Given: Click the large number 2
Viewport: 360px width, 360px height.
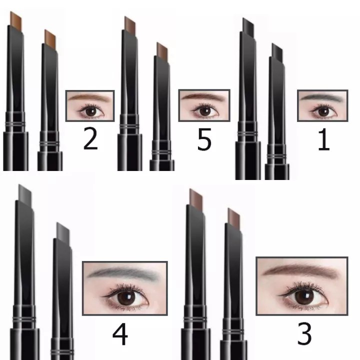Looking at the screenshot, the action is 90,138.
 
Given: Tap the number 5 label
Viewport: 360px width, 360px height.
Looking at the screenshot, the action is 204,139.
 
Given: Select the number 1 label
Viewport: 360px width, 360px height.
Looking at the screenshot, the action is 324,139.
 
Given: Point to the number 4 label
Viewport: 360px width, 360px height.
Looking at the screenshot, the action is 120,334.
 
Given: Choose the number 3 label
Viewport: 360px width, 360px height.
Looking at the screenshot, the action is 304,333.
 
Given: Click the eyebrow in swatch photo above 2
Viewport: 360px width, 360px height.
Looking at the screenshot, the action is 89,97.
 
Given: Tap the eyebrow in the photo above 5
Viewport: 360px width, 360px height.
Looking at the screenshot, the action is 203,96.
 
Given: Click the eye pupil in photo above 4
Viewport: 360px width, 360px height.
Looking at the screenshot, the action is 126,298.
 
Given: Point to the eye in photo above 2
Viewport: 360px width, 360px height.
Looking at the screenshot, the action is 90,111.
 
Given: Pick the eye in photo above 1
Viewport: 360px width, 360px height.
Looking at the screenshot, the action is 323,111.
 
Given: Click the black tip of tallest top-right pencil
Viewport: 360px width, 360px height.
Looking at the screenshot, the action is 248,27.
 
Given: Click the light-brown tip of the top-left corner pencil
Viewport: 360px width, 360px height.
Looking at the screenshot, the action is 16,20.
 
